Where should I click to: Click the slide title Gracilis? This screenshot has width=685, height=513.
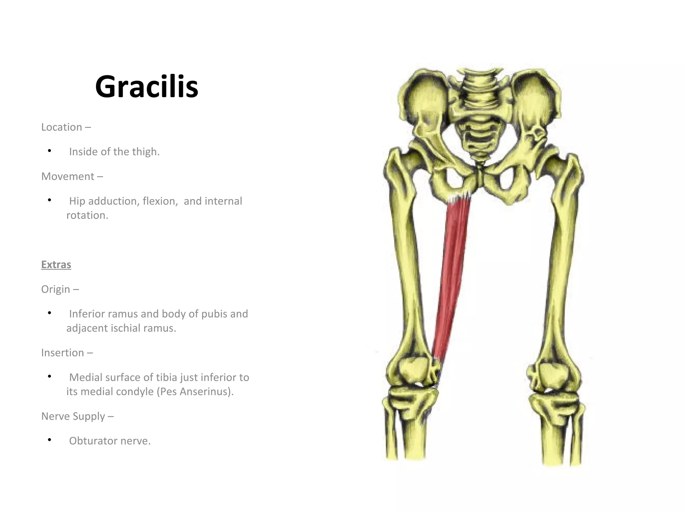(146, 87)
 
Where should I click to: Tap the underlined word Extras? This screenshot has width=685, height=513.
(56, 265)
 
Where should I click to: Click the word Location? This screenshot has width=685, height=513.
(62, 127)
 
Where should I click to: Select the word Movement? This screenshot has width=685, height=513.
(68, 176)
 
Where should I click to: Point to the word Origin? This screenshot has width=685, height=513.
(56, 289)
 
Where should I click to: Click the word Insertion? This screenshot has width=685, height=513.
(63, 352)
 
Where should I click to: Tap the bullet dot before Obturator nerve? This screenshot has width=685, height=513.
(50, 440)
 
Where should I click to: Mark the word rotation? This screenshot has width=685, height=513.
(87, 215)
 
